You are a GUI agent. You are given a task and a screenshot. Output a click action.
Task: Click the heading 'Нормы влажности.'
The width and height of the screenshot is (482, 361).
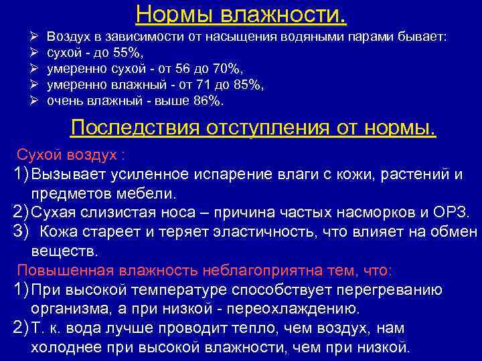241,13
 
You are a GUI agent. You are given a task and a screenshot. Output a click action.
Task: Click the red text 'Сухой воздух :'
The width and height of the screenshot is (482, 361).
70,155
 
